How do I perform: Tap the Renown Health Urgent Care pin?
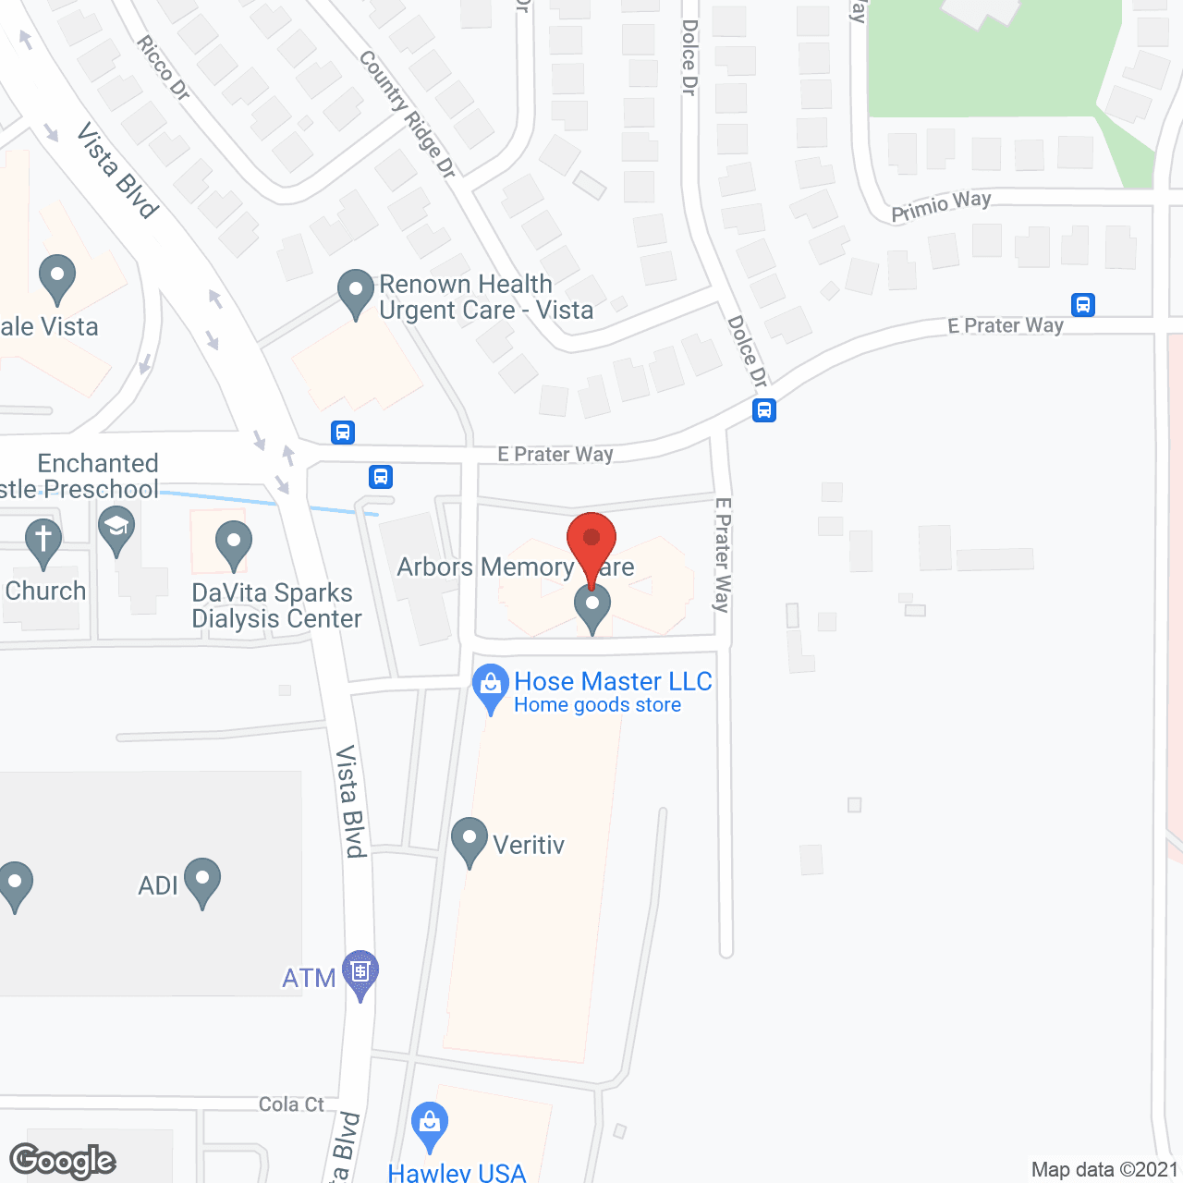pyautogui.click(x=356, y=293)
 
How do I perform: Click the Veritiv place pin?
pyautogui.click(x=470, y=841)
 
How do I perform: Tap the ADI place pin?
pyautogui.click(x=202, y=882)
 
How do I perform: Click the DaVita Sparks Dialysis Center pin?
pyautogui.click(x=234, y=544)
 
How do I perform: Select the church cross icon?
pyautogui.click(x=43, y=543)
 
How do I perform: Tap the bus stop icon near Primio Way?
pyautogui.click(x=1083, y=304)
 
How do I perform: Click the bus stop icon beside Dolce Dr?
pyautogui.click(x=763, y=409)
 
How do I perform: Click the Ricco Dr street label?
pyautogui.click(x=164, y=67)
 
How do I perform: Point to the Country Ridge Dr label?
pyautogui.click(x=408, y=113)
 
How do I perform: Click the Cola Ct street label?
pyautogui.click(x=291, y=1104)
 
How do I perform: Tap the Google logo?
pyautogui.click(x=63, y=1161)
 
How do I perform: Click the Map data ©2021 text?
pyautogui.click(x=1104, y=1169)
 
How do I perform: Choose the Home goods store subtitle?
pyautogui.click(x=598, y=705)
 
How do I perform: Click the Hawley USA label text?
pyautogui.click(x=457, y=1173)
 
